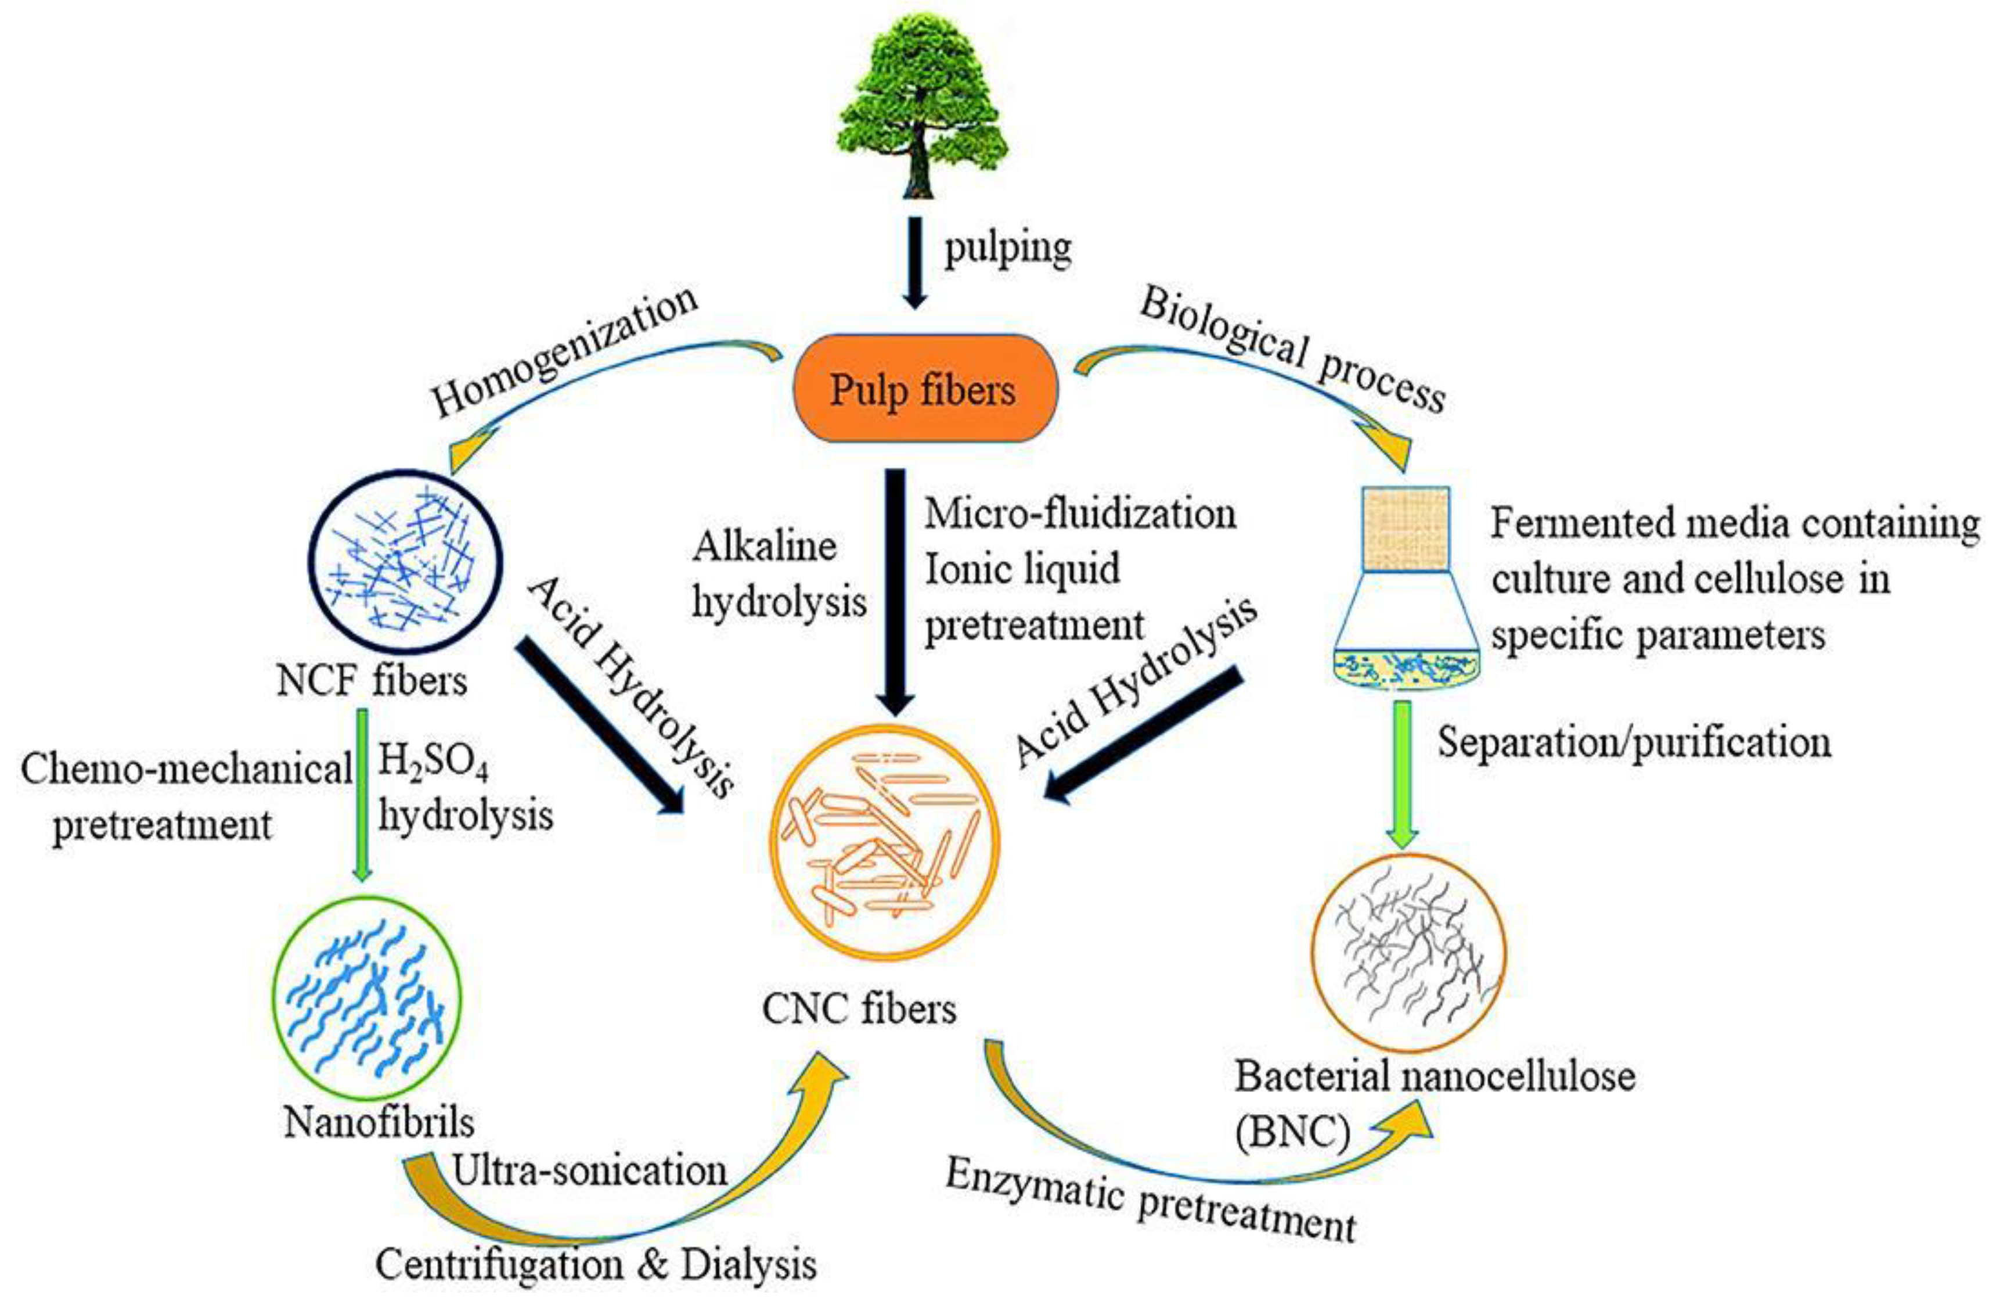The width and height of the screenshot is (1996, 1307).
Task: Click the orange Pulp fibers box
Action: [924, 389]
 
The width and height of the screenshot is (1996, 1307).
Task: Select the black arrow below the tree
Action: [914, 262]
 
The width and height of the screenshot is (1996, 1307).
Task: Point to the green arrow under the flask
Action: [1401, 772]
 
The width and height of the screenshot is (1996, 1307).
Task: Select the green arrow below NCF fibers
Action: [362, 793]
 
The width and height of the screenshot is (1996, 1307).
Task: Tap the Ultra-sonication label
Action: [590, 1170]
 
